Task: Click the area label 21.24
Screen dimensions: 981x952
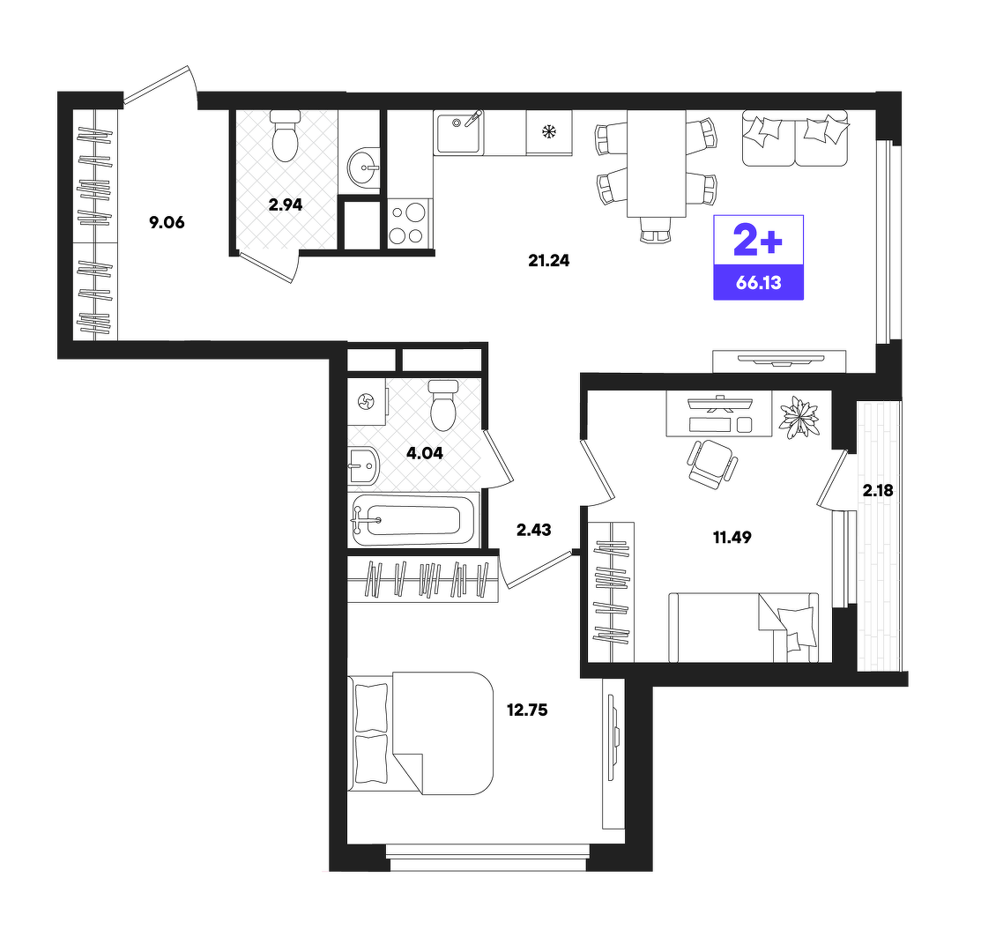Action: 549,260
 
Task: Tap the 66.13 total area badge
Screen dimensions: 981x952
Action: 758,282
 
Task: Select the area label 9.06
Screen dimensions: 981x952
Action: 167,222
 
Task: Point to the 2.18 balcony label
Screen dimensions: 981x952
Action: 878,491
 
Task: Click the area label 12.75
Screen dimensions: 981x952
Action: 527,710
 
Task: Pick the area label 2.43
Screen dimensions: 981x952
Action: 533,530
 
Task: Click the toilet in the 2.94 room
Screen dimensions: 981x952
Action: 286,136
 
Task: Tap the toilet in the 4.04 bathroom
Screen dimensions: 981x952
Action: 443,405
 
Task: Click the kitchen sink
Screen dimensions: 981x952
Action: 458,132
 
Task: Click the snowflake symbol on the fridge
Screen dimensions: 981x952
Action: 549,132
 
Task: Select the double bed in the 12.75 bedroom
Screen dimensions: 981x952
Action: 420,733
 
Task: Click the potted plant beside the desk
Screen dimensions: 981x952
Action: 799,416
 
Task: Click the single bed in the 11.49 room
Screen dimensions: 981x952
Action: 743,628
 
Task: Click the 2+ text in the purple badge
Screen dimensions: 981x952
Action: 758,241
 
